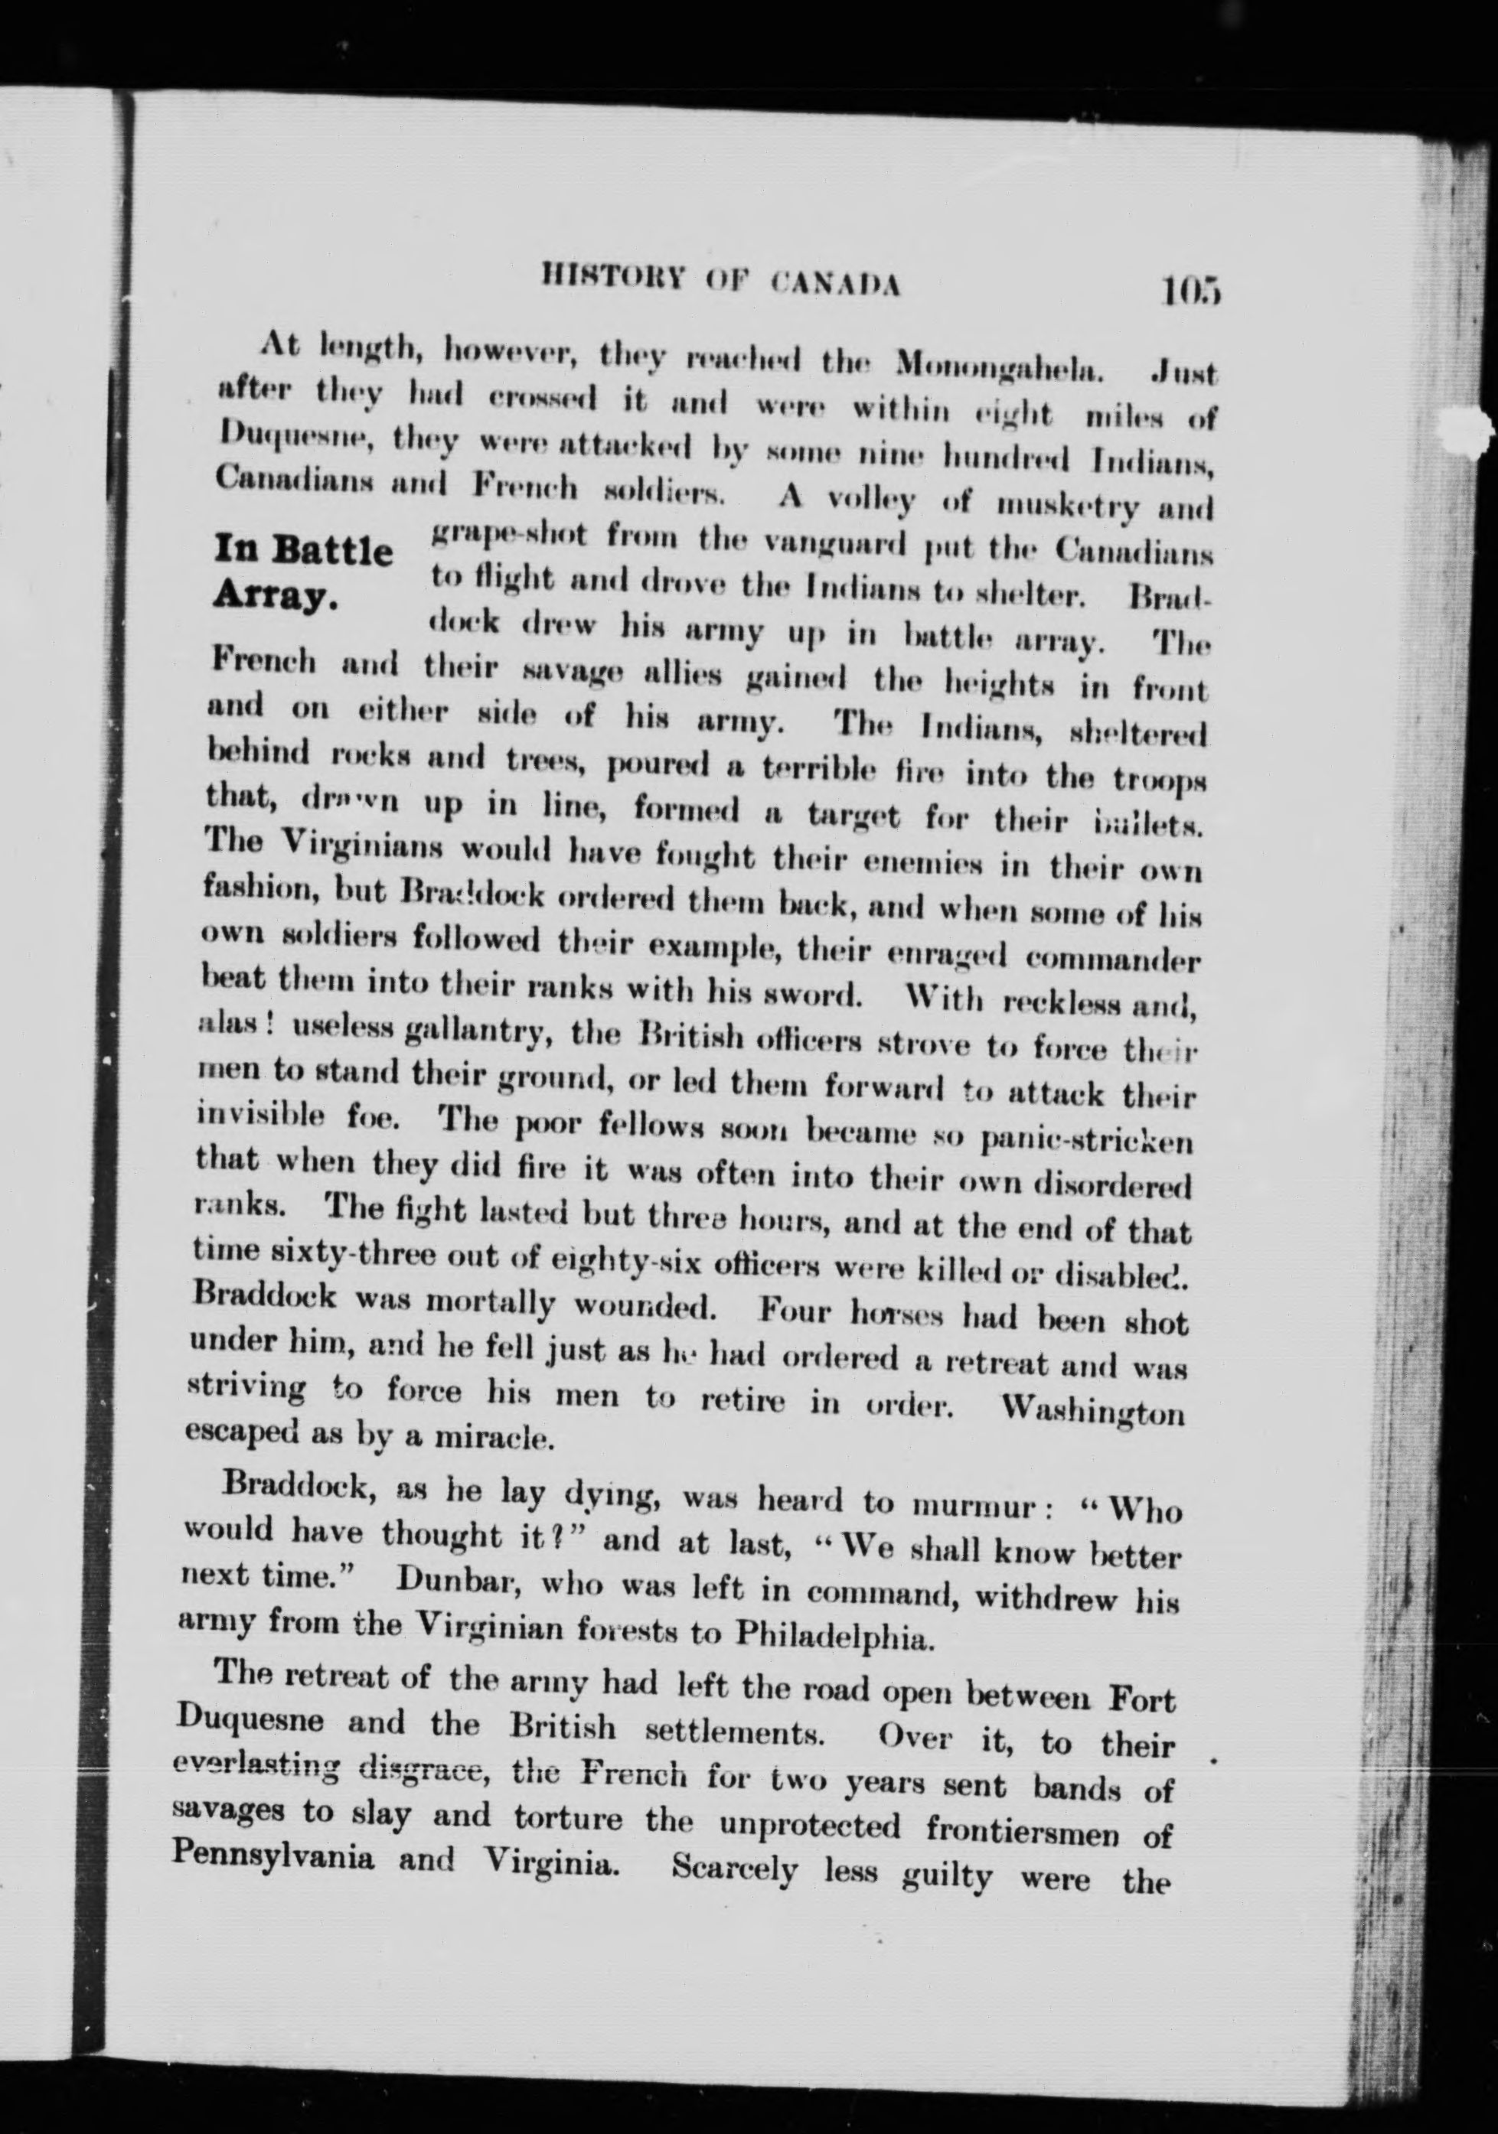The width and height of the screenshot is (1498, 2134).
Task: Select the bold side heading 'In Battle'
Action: pos(302,550)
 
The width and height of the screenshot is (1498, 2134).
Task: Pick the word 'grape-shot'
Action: pos(508,537)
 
